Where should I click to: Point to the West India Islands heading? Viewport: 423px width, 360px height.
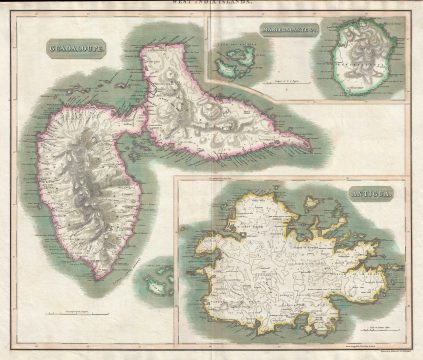[x=212, y=5]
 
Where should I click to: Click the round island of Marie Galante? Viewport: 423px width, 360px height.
[x=361, y=61]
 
